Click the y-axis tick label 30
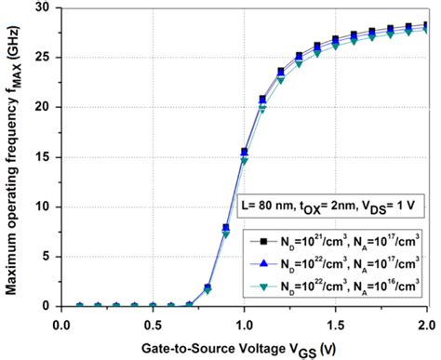coord(43,7)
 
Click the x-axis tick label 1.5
coord(335,324)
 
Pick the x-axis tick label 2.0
coord(425,324)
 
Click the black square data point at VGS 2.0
coord(425,26)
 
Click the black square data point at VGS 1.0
coord(244,151)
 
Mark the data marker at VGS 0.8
coord(207,287)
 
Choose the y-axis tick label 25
coord(43,57)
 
